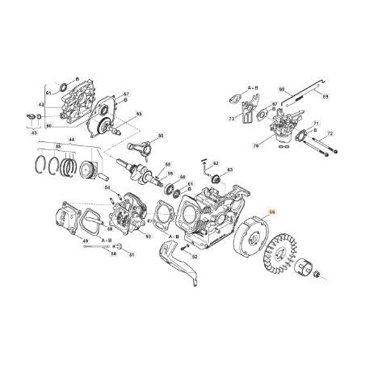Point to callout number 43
click(34, 132)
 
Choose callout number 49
click(86, 241)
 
